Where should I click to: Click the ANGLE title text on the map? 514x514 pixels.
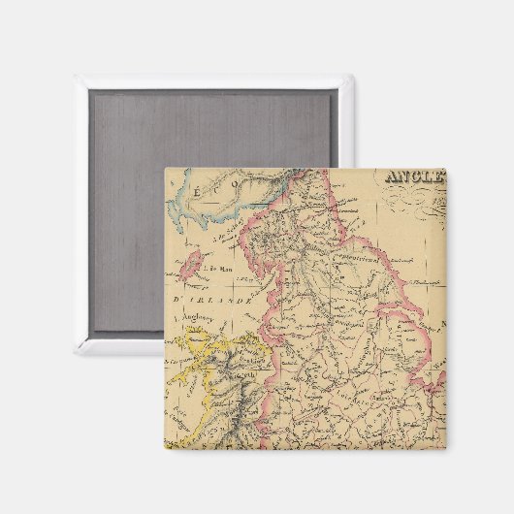coord(415,177)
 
